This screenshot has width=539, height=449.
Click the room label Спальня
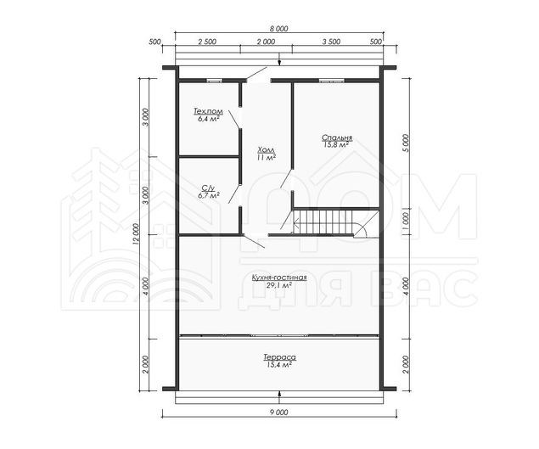(x=337, y=138)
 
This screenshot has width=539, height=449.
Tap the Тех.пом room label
(x=208, y=111)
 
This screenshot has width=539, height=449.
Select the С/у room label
(x=208, y=188)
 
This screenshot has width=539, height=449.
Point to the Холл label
(x=267, y=150)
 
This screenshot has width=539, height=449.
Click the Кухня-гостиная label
(x=279, y=278)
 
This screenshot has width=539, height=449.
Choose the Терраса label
(x=280, y=357)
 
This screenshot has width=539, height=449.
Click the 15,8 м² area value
(x=336, y=145)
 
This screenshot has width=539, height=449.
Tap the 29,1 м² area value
(x=279, y=284)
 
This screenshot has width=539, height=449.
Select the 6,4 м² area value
(x=209, y=119)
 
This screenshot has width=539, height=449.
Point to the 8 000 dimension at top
(x=279, y=29)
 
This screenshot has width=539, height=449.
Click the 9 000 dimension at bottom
(x=279, y=413)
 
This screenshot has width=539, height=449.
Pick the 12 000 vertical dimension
(x=135, y=235)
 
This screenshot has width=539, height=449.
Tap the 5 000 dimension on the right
(x=406, y=143)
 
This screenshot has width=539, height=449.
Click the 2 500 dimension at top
(x=207, y=42)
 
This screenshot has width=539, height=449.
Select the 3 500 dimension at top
(x=331, y=42)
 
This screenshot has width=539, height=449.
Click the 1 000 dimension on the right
(x=406, y=222)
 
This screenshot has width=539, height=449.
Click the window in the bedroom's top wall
(x=331, y=81)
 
